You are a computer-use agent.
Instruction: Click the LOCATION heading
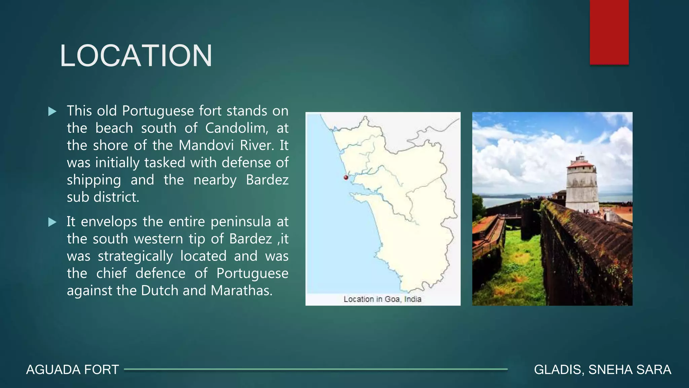tap(136, 56)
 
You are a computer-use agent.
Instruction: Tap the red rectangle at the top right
tap(609, 32)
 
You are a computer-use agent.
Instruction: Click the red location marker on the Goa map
tap(346, 177)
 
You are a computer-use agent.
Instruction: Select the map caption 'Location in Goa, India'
tap(382, 299)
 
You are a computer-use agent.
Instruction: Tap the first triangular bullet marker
tap(52, 111)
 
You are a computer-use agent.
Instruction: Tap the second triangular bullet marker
tap(52, 222)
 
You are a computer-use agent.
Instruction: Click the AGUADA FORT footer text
tap(72, 370)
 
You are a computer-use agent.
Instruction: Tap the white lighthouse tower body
tap(582, 189)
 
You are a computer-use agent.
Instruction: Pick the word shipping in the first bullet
tap(94, 180)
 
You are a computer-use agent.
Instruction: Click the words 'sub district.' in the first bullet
tap(103, 197)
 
